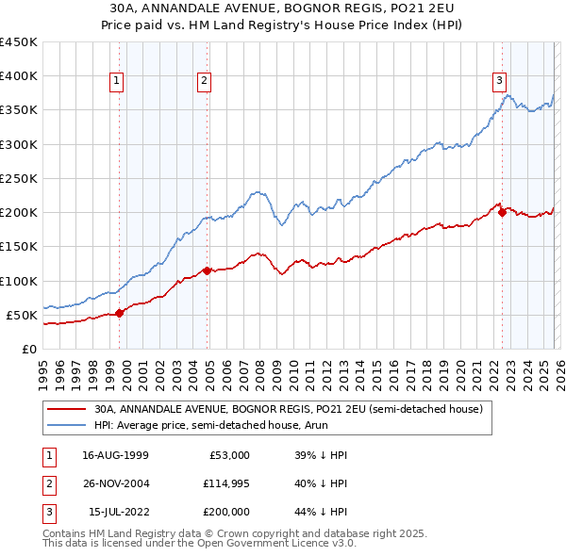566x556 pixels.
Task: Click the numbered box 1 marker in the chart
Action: [116, 81]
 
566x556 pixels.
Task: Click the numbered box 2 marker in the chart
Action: [204, 81]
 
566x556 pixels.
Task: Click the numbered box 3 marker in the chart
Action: [499, 81]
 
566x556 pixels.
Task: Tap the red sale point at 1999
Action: [119, 313]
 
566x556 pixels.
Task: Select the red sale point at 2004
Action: [208, 270]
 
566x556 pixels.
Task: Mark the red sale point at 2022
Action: [502, 212]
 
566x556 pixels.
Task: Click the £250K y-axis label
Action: [19, 178]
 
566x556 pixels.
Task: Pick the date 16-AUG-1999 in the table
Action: [115, 455]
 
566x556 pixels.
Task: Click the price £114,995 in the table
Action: [224, 483]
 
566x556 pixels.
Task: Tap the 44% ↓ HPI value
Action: [321, 512]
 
